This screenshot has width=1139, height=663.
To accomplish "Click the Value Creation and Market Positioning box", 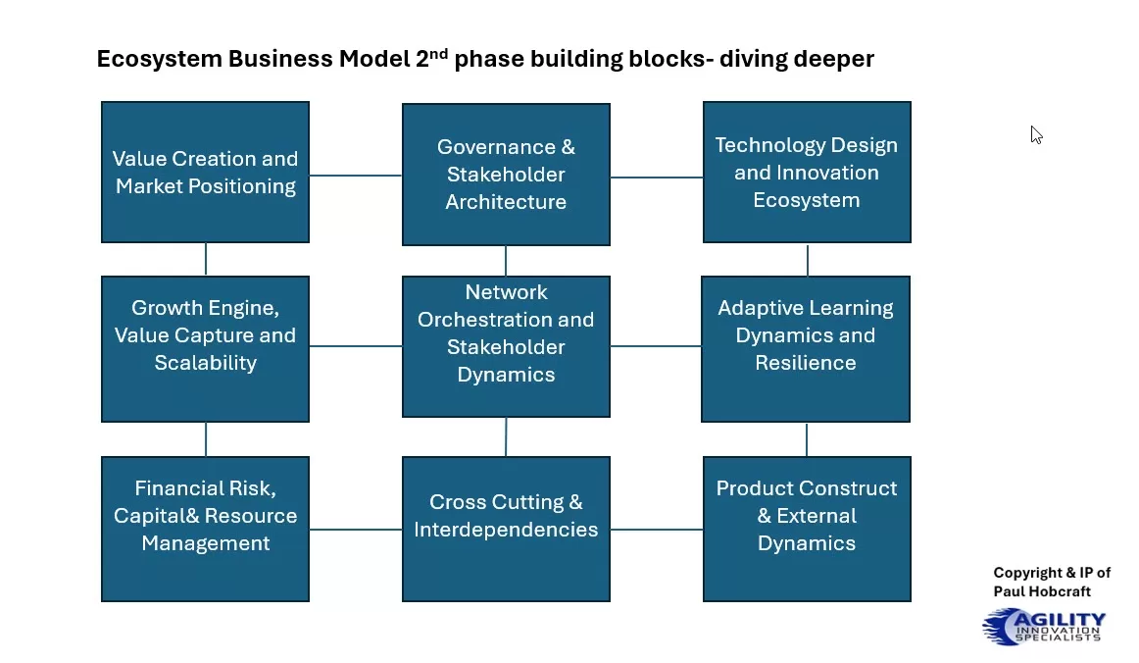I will tap(205, 172).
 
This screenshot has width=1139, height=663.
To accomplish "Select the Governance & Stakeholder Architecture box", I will tap(506, 175).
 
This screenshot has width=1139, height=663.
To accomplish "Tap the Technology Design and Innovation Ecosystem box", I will tap(807, 172).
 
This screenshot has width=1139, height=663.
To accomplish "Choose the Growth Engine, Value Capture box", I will tap(205, 348).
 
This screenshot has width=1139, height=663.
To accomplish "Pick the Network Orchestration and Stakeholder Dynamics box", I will tap(506, 345).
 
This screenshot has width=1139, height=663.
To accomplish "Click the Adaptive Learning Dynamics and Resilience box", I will tap(806, 348).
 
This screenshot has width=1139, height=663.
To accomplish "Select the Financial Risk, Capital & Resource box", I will tap(205, 529).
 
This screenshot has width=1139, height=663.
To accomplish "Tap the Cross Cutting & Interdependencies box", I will tap(506, 529).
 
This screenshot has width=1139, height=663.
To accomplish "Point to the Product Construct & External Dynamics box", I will tap(807, 529).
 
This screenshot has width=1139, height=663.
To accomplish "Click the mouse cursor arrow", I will tap(1036, 134).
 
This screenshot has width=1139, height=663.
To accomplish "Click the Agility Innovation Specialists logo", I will tap(1044, 626).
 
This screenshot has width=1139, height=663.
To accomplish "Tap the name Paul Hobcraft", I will tap(1042, 591).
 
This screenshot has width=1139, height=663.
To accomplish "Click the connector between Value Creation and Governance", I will tap(356, 176).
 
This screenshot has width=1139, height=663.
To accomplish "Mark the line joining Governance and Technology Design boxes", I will tap(657, 178).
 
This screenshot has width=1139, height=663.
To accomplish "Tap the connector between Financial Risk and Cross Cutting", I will tap(356, 529).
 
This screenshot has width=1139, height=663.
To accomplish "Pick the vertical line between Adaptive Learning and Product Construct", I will tap(807, 439).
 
